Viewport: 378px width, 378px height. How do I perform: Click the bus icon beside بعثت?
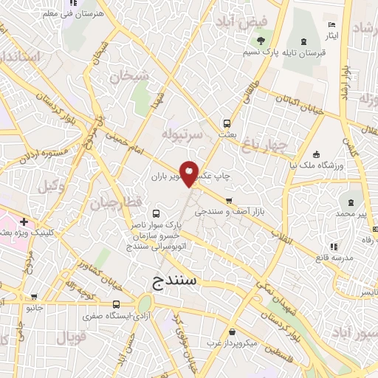[x=227, y=124]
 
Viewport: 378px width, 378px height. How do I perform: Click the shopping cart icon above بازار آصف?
[x=230, y=200]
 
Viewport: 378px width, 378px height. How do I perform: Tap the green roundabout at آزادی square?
[x=144, y=303]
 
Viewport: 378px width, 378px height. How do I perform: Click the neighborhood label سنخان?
[x=130, y=75]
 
